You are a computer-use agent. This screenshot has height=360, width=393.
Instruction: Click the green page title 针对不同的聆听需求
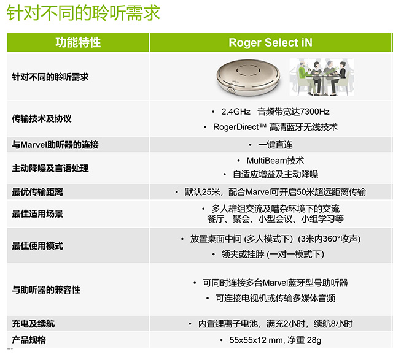[x=84, y=13]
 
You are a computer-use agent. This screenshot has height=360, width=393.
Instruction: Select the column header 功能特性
[x=78, y=42]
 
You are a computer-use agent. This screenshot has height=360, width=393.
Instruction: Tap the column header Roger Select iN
[x=270, y=42]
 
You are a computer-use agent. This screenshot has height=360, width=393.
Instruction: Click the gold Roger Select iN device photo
[x=248, y=78]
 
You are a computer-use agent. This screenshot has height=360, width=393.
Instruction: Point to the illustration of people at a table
[x=322, y=77]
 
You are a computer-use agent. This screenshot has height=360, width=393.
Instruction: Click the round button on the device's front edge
[x=231, y=89]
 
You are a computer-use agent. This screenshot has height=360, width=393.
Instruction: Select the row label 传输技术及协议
[x=42, y=118]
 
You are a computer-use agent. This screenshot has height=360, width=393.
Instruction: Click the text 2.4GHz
[x=236, y=112]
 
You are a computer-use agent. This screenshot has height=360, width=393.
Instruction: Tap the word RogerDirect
[x=236, y=127]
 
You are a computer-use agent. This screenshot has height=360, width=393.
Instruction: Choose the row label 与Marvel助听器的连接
[x=55, y=145]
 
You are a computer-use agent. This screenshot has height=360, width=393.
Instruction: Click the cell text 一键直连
[x=275, y=145]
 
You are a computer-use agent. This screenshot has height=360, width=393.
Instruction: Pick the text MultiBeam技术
[x=275, y=161]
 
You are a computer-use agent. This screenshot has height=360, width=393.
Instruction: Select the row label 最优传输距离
[x=37, y=192]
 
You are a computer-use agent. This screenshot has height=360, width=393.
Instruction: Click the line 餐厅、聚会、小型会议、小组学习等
[x=275, y=219]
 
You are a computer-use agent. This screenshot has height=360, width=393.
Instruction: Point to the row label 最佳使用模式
[x=37, y=246]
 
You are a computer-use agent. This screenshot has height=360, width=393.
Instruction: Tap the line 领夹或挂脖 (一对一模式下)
[x=273, y=255]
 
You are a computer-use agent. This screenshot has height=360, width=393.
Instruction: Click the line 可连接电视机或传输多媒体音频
[x=275, y=298]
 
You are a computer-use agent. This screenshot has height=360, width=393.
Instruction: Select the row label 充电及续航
[x=33, y=324]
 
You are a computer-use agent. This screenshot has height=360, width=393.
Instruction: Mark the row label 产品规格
[x=29, y=340]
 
